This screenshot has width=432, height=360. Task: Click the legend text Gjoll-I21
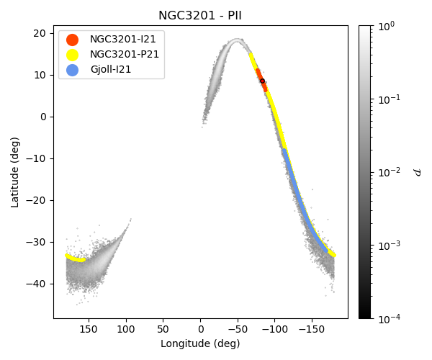(x=110, y=70)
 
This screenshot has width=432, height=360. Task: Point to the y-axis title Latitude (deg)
(x=15, y=172)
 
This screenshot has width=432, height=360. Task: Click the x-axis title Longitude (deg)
(x=200, y=344)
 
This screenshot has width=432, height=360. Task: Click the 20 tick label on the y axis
(x=40, y=33)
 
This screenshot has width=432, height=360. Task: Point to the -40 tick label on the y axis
(x=37, y=284)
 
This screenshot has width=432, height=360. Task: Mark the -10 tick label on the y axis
(x=37, y=158)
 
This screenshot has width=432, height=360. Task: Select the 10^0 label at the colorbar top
(x=387, y=26)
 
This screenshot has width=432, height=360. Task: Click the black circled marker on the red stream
(x=262, y=81)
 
